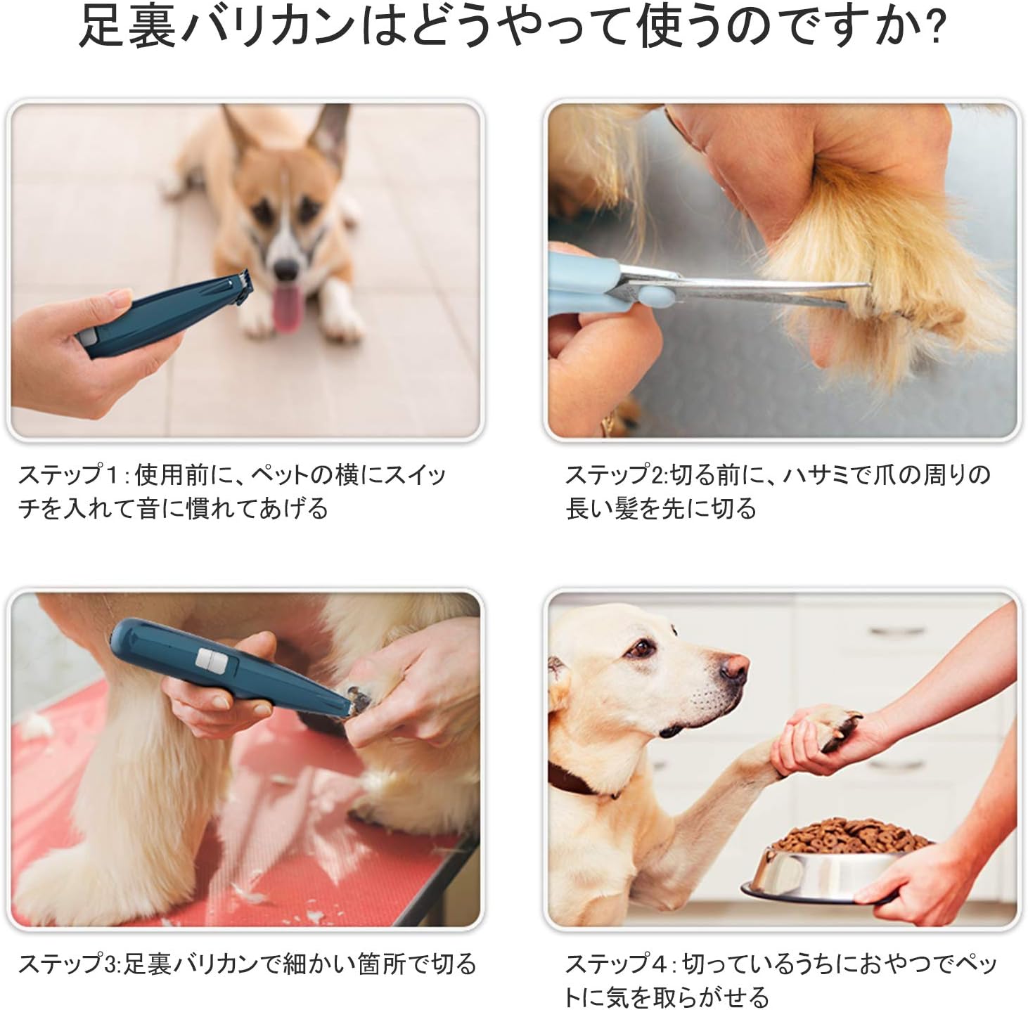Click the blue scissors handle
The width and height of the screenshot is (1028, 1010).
tap(584, 274)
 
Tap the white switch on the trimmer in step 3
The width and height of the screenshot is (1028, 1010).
tap(210, 659)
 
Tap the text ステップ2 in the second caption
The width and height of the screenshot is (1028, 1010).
tap(615, 475)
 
